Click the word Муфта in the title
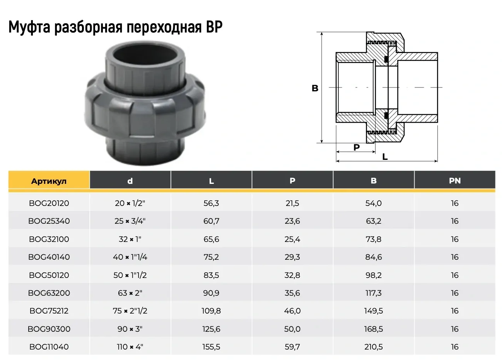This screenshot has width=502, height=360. point(29,28)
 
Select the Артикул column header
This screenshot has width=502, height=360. point(49,181)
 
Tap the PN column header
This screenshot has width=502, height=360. point(454,181)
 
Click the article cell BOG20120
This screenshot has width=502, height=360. point(49,203)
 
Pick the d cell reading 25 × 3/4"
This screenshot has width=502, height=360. point(130,221)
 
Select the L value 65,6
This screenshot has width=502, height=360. point(211,239)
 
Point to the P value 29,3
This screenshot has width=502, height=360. point(292,257)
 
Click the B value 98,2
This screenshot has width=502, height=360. point(373,275)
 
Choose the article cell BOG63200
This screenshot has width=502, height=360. point(49,293)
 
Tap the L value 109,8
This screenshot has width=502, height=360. point(211,311)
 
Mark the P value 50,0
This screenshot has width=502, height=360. point(292,329)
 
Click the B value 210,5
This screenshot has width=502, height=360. point(373,347)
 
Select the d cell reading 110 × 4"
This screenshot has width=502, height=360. point(130,347)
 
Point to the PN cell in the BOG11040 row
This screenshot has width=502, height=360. point(454,347)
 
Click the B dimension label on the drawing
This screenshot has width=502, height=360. point(315,88)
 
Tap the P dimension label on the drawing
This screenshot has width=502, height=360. point(357,147)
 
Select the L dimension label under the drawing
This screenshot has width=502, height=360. point(385,157)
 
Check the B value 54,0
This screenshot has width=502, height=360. point(373,203)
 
